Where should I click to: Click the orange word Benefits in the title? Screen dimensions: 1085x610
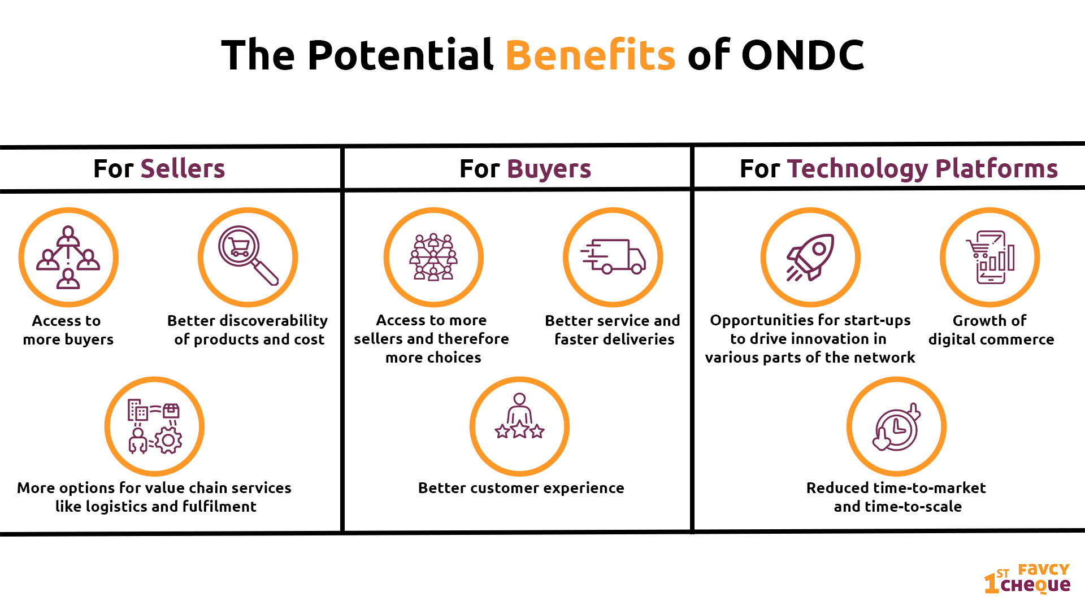[x=590, y=55]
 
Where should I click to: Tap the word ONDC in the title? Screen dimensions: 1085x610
[x=802, y=55]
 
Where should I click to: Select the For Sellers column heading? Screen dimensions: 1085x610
[x=159, y=168]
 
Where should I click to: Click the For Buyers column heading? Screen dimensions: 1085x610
[x=525, y=168]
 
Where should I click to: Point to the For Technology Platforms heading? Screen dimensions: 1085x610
[x=899, y=168]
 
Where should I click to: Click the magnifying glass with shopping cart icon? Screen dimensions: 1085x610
[x=248, y=256]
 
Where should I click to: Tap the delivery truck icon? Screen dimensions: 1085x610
[x=613, y=256]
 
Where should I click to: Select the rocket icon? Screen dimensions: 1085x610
[x=810, y=257]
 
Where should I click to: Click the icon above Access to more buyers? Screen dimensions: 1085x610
[x=68, y=257]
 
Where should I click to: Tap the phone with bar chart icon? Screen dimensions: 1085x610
[x=990, y=257]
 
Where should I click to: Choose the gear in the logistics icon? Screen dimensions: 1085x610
[x=168, y=441]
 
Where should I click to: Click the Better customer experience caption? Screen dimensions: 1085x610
[x=521, y=488]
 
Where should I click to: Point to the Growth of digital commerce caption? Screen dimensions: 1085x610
[x=991, y=330]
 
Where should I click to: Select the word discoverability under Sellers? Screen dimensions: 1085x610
[x=274, y=321]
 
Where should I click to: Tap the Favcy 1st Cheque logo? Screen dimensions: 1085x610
[x=1027, y=578]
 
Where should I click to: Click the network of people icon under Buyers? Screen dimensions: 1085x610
[x=433, y=257]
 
